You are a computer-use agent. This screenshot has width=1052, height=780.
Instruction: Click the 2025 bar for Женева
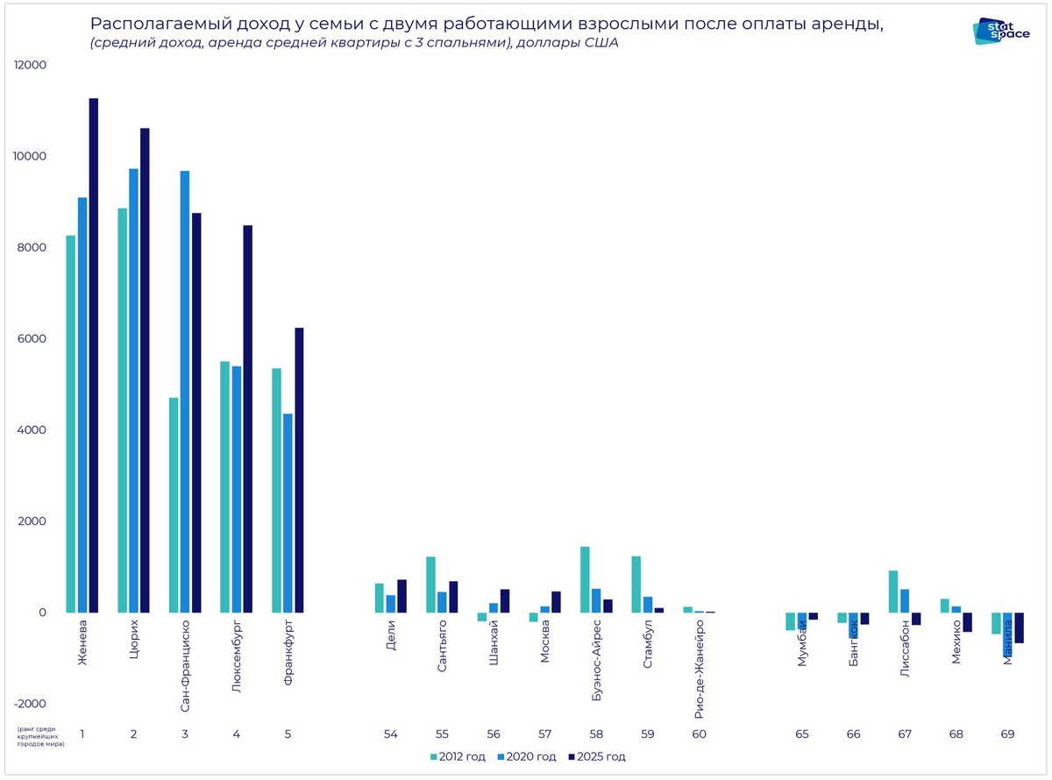tap(93, 355)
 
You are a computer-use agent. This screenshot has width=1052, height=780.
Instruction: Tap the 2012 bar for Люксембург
tap(225, 486)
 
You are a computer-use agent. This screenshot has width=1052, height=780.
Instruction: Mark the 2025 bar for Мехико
tap(967, 622)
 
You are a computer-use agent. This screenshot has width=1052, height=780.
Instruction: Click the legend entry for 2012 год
tap(458, 756)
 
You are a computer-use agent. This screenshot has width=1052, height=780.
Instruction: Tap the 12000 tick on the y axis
tap(30, 65)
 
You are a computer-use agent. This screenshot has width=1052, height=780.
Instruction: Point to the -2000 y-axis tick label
tap(30, 704)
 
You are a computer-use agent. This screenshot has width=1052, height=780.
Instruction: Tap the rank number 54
tap(391, 734)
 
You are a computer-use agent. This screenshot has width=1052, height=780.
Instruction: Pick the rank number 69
tap(1007, 734)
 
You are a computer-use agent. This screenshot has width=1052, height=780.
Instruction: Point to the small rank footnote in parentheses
tap(40, 734)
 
